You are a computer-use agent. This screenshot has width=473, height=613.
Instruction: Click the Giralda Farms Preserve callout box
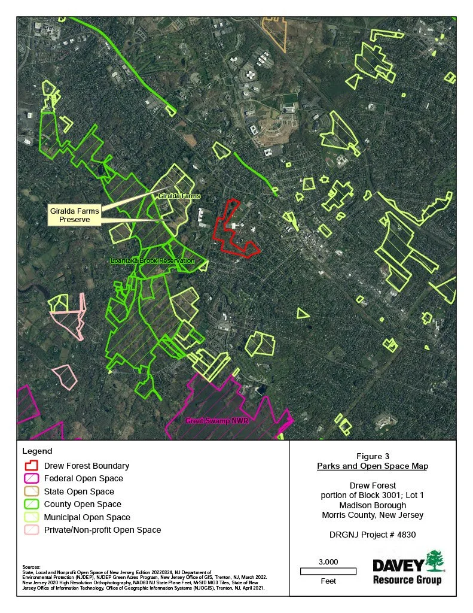[74, 215]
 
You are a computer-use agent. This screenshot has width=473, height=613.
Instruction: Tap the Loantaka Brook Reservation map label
[152, 261]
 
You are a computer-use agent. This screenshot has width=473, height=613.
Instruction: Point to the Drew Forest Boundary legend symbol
[31, 465]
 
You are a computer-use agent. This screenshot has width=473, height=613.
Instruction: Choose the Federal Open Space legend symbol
[31, 478]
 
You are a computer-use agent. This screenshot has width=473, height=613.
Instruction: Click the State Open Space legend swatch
[31, 491]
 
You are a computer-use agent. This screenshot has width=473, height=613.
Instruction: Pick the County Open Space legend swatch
[31, 504]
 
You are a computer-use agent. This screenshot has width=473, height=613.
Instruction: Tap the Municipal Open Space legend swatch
[31, 517]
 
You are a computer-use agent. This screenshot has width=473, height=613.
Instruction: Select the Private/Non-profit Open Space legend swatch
[31, 530]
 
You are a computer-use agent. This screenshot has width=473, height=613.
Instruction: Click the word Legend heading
[37, 451]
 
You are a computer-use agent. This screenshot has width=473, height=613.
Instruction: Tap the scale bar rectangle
[328, 571]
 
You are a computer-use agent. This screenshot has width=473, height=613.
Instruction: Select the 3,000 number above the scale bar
[328, 562]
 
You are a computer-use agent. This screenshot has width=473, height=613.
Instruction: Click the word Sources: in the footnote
[31, 567]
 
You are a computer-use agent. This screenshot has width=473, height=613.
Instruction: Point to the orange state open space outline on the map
[275, 33]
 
